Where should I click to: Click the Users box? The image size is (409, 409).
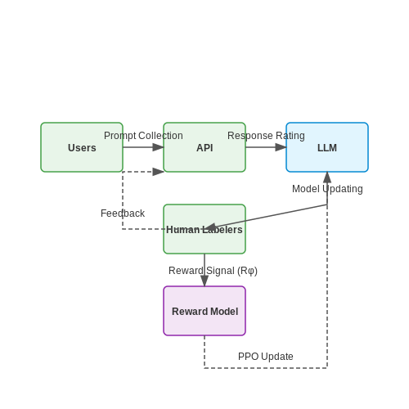(82, 147)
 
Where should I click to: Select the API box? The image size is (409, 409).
(204, 147)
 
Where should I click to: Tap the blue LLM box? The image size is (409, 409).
(327, 147)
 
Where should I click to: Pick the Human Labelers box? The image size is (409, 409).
(204, 229)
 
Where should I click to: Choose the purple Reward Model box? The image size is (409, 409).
(204, 311)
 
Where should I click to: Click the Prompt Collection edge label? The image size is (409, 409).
(143, 136)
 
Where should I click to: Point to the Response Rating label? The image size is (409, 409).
(266, 136)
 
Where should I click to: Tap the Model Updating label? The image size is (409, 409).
(327, 189)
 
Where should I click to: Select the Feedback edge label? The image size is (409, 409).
(123, 213)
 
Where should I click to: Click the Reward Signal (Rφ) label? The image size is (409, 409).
(213, 271)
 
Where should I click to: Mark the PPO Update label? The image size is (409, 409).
(266, 357)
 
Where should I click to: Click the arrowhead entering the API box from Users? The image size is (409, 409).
(158, 147)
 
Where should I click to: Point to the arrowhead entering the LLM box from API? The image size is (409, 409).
(281, 147)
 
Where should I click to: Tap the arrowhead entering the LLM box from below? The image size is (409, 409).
(327, 178)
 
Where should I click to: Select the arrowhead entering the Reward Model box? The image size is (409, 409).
(204, 281)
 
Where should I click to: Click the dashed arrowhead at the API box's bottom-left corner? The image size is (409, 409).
(158, 172)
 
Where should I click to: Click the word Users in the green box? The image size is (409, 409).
(82, 148)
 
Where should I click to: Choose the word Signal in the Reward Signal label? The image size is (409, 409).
(220, 271)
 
